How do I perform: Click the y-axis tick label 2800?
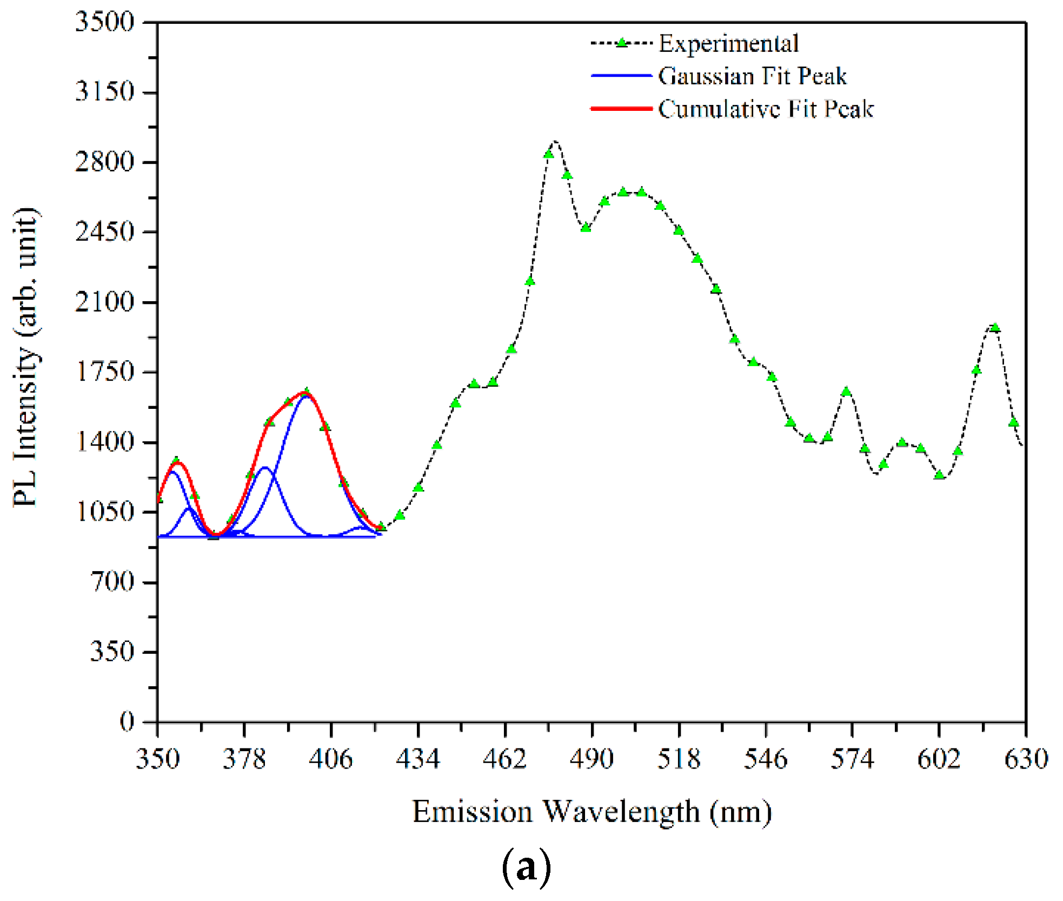point(104,162)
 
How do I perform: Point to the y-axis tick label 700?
point(112,582)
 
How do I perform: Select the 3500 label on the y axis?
point(104,22)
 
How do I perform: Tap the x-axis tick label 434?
point(418,759)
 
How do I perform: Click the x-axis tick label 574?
point(852,759)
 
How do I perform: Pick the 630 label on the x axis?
point(1026,759)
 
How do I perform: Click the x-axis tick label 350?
point(157,759)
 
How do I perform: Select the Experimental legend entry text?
point(728,44)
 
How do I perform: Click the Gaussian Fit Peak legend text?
point(752,76)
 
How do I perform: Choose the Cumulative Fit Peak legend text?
point(766,109)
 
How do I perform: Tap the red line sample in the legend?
point(621,109)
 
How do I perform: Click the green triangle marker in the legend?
point(622,43)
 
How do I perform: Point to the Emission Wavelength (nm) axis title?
point(592,812)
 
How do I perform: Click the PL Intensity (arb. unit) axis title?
point(26,357)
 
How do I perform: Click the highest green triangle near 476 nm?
point(548,154)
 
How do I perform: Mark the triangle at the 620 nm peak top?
point(995,327)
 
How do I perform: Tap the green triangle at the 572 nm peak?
point(846,391)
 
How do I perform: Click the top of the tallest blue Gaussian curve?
point(307,396)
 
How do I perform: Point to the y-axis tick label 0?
point(127,721)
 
